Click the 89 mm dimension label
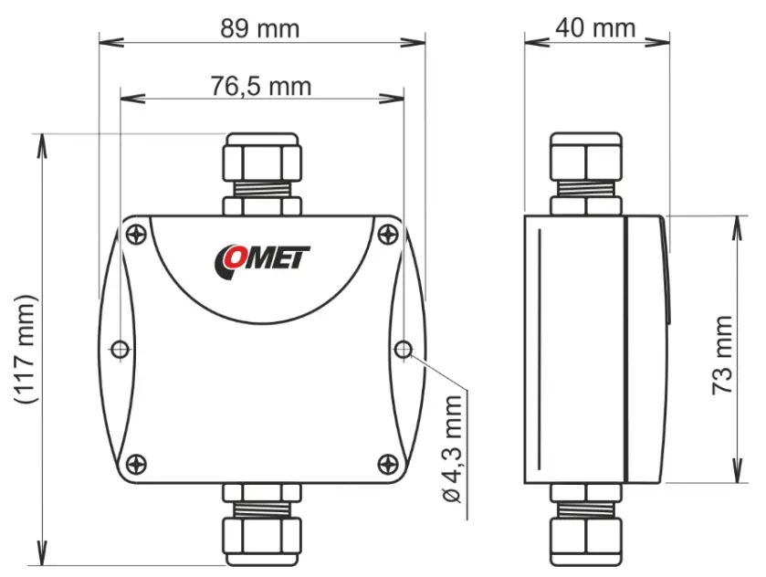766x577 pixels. [260, 27]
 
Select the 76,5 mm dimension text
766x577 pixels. [260, 86]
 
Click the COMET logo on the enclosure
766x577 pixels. [263, 258]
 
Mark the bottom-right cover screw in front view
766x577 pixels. [387, 463]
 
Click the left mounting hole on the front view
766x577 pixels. [120, 349]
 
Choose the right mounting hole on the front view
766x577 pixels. [404, 349]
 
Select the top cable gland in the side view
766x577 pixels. [585, 173]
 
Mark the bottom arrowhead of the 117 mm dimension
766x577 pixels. [41, 559]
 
